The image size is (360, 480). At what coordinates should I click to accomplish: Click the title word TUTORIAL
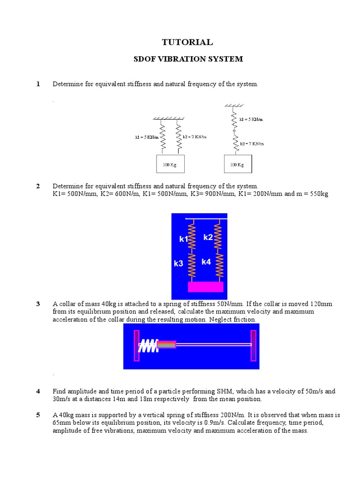pyautogui.click(x=187, y=42)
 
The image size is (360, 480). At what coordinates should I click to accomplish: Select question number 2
pyautogui.click(x=38, y=186)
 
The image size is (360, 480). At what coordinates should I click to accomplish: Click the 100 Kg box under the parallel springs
pyautogui.click(x=169, y=165)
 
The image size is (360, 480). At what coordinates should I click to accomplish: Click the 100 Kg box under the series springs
pyautogui.click(x=237, y=165)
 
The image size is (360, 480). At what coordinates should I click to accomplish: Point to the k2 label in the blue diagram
pyautogui.click(x=208, y=238)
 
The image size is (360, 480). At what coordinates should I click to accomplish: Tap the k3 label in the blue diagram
pyautogui.click(x=179, y=264)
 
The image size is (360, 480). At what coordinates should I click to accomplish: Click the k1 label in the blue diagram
pyautogui.click(x=183, y=240)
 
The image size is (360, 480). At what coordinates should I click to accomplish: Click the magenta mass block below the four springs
pyautogui.click(x=205, y=287)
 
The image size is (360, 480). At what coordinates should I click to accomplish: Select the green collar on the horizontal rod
pyautogui.click(x=166, y=345)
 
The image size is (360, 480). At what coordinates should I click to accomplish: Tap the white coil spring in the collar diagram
pyautogui.click(x=148, y=346)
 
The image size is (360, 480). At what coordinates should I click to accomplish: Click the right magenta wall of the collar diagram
pyautogui.click(x=253, y=345)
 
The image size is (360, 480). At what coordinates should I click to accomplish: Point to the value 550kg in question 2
pyautogui.click(x=317, y=194)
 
